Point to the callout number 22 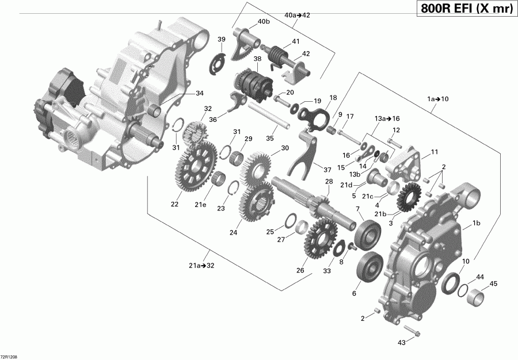tap(174, 204)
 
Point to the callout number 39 tap(222, 39)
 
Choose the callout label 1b tap(477, 223)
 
